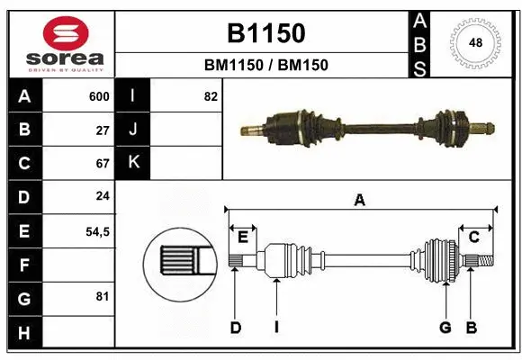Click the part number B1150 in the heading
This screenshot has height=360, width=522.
tap(265, 33)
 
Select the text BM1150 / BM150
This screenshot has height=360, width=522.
tap(265, 65)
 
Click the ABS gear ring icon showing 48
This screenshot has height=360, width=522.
tap(473, 42)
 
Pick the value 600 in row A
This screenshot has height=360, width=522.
tap(99, 96)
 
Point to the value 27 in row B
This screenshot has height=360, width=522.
tap(103, 130)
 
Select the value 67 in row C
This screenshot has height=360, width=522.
tap(103, 164)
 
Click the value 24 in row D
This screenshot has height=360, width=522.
tap(103, 197)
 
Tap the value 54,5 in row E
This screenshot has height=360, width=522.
tap(97, 231)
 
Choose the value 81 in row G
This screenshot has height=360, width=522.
tap(103, 297)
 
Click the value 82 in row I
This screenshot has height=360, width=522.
tap(211, 96)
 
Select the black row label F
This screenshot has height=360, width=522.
tap(24, 265)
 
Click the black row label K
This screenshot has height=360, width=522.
tap(133, 163)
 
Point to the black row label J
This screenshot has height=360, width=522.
tap(133, 130)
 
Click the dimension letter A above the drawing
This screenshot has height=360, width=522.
tap(360, 201)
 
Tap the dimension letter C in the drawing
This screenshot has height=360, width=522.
tap(472, 237)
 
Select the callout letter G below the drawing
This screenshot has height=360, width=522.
tap(445, 328)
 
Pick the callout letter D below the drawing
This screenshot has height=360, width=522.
tap(235, 328)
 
